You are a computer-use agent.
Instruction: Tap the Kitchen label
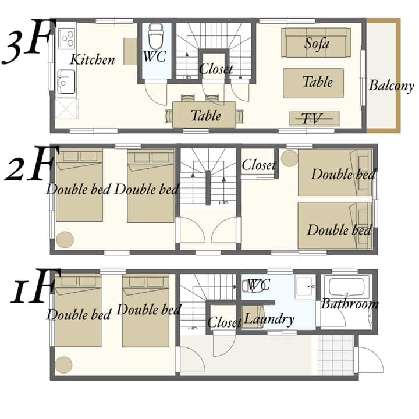click(93, 59)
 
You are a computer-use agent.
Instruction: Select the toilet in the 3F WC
click(155, 36)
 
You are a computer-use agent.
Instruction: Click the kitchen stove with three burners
click(66, 39)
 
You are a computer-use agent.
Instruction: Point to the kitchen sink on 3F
click(66, 82)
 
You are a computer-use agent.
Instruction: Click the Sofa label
click(317, 44)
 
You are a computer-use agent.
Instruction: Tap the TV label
click(312, 118)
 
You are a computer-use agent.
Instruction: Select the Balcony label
click(392, 86)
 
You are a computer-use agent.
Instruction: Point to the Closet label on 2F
click(258, 165)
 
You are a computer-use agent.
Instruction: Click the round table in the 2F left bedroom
click(65, 240)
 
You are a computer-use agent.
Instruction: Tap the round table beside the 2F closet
click(289, 158)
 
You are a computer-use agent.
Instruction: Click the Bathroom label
click(350, 304)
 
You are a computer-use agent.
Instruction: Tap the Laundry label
click(269, 319)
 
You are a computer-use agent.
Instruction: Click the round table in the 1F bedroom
click(63, 365)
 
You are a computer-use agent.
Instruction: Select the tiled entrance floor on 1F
click(336, 355)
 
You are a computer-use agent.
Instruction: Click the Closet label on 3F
click(216, 69)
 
